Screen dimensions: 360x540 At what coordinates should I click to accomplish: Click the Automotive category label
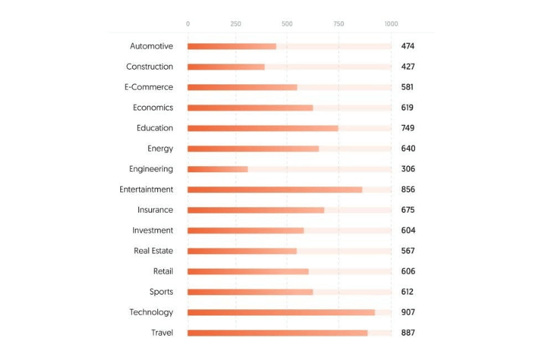pyautogui.click(x=151, y=46)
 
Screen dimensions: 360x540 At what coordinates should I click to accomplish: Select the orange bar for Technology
pyautogui.click(x=281, y=313)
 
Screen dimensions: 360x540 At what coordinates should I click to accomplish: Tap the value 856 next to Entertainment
pyautogui.click(x=408, y=190)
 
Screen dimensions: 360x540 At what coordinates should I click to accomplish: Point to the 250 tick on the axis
pyautogui.click(x=236, y=24)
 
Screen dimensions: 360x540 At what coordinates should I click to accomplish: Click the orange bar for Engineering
pyautogui.click(x=217, y=169)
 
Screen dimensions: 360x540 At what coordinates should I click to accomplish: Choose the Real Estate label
pyautogui.click(x=153, y=251)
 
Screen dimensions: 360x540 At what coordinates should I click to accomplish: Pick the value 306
pyautogui.click(x=408, y=169)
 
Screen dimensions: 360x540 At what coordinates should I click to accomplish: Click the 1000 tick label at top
pyautogui.click(x=391, y=24)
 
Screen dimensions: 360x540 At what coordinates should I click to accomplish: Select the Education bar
pyautogui.click(x=263, y=128)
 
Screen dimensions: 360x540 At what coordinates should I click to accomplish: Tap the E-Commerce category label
pyautogui.click(x=148, y=87)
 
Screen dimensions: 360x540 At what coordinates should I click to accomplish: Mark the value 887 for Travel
pyautogui.click(x=408, y=333)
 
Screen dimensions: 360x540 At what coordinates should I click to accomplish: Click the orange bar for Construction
pyautogui.click(x=225, y=67)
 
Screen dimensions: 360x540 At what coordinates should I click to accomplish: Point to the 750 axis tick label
pyautogui.click(x=339, y=24)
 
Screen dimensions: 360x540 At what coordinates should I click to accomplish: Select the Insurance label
pyautogui.click(x=155, y=210)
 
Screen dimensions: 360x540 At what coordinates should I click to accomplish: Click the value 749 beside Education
pyautogui.click(x=408, y=128)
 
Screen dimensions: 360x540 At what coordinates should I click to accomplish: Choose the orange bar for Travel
pyautogui.click(x=277, y=333)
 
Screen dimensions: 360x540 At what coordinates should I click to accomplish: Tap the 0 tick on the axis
pyautogui.click(x=188, y=24)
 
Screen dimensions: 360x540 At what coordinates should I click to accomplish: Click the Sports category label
pyautogui.click(x=161, y=292)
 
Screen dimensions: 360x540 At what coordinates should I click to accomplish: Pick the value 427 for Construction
pyautogui.click(x=408, y=67)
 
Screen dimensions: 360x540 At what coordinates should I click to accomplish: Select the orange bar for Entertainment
pyautogui.click(x=275, y=190)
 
